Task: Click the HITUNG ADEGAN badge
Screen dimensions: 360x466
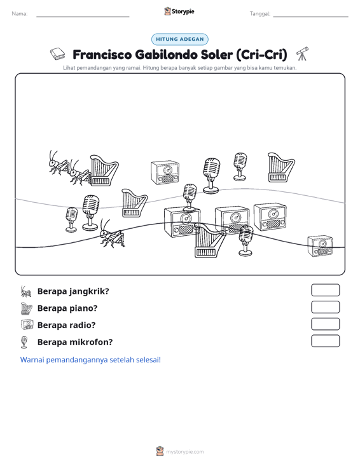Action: click(x=179, y=39)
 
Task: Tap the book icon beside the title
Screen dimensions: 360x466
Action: click(x=57, y=54)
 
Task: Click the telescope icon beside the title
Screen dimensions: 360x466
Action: click(x=302, y=54)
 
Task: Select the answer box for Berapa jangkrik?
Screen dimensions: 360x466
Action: click(x=325, y=290)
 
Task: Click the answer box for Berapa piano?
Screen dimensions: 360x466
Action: click(x=325, y=307)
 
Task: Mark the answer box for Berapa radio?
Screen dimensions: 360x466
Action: click(x=325, y=324)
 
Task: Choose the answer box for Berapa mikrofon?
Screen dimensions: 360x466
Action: click(x=325, y=341)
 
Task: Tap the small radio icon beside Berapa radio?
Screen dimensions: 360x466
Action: click(x=27, y=324)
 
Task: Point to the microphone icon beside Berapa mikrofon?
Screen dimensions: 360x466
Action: click(x=24, y=342)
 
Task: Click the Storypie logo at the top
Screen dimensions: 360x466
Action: click(x=179, y=11)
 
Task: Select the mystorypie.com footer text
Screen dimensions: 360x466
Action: click(x=184, y=452)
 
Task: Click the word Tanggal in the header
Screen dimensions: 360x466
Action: click(x=260, y=14)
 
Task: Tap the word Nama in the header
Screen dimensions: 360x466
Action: click(x=19, y=14)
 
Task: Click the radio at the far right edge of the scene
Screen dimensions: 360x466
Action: click(x=320, y=246)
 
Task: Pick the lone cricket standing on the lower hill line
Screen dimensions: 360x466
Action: click(x=112, y=233)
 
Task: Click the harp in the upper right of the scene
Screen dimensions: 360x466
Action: click(x=281, y=167)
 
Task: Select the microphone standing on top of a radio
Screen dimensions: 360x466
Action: click(x=190, y=197)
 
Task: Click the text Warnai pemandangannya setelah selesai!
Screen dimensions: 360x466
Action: click(x=90, y=360)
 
